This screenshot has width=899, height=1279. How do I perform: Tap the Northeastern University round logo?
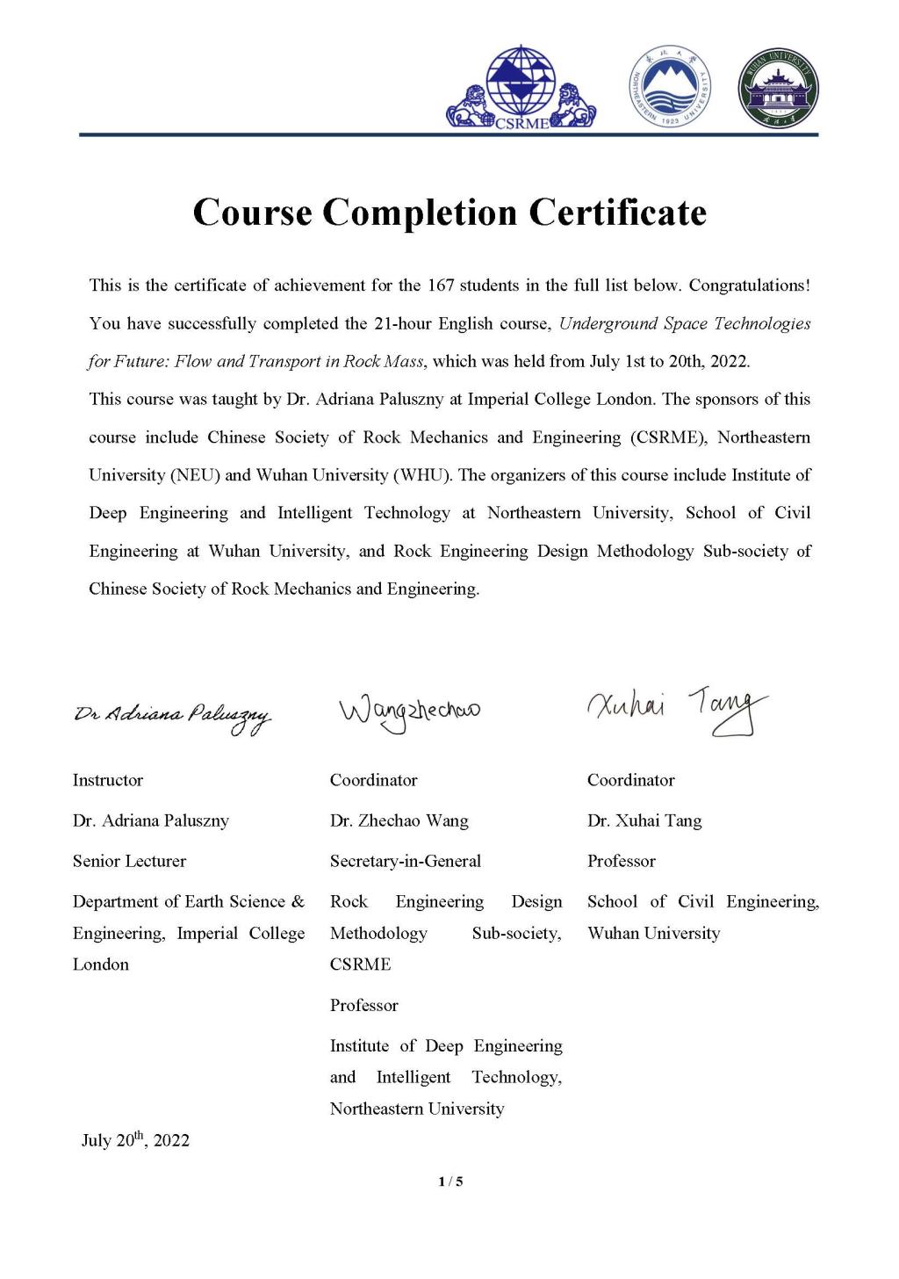pyautogui.click(x=672, y=87)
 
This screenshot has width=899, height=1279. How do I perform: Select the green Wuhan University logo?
pyautogui.click(x=779, y=89)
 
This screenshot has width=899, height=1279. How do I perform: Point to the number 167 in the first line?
pyautogui.click(x=440, y=285)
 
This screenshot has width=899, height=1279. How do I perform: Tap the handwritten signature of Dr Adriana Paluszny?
pyautogui.click(x=172, y=718)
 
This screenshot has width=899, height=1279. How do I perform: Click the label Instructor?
pyautogui.click(x=108, y=780)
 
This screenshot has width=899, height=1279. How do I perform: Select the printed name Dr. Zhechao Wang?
pyautogui.click(x=399, y=820)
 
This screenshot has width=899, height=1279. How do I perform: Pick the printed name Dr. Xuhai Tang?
pyautogui.click(x=644, y=820)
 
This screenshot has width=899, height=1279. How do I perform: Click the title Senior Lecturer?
pyautogui.click(x=129, y=861)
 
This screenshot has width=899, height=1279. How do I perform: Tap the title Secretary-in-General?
pyautogui.click(x=406, y=861)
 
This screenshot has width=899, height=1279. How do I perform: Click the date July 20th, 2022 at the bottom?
pyautogui.click(x=135, y=1140)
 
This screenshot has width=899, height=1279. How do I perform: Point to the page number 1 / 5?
pyautogui.click(x=450, y=1181)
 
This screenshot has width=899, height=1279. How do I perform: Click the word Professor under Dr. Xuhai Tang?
pyautogui.click(x=622, y=861)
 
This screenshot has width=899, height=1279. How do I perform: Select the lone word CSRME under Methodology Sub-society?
pyautogui.click(x=361, y=965)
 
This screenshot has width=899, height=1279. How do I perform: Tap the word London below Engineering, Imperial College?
pyautogui.click(x=101, y=965)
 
